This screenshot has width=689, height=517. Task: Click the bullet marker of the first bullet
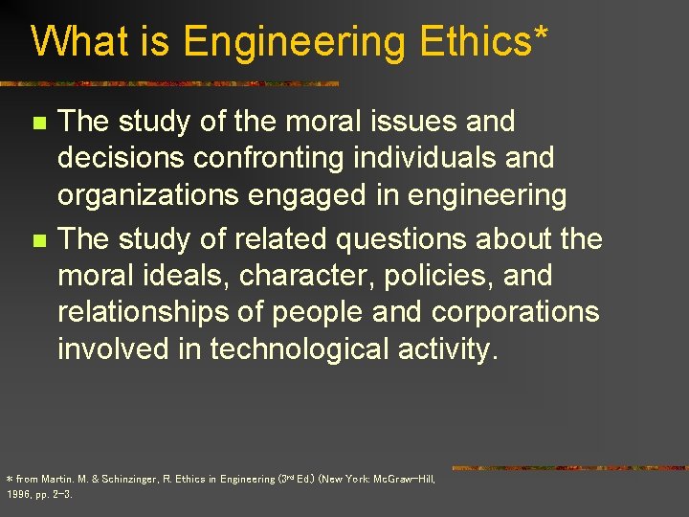(38, 124)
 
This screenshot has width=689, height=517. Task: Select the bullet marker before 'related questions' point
(38, 238)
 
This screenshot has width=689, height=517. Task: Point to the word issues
(417, 122)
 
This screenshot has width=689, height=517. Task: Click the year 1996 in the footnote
(18, 495)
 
